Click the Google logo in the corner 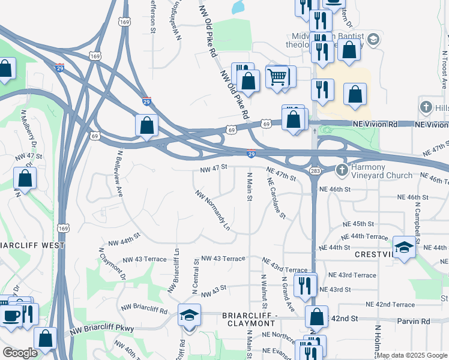tap(20, 353)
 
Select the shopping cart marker tap(277, 77)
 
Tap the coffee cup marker tap(11, 314)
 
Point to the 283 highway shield tap(315, 172)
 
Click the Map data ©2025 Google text tap(411, 355)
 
